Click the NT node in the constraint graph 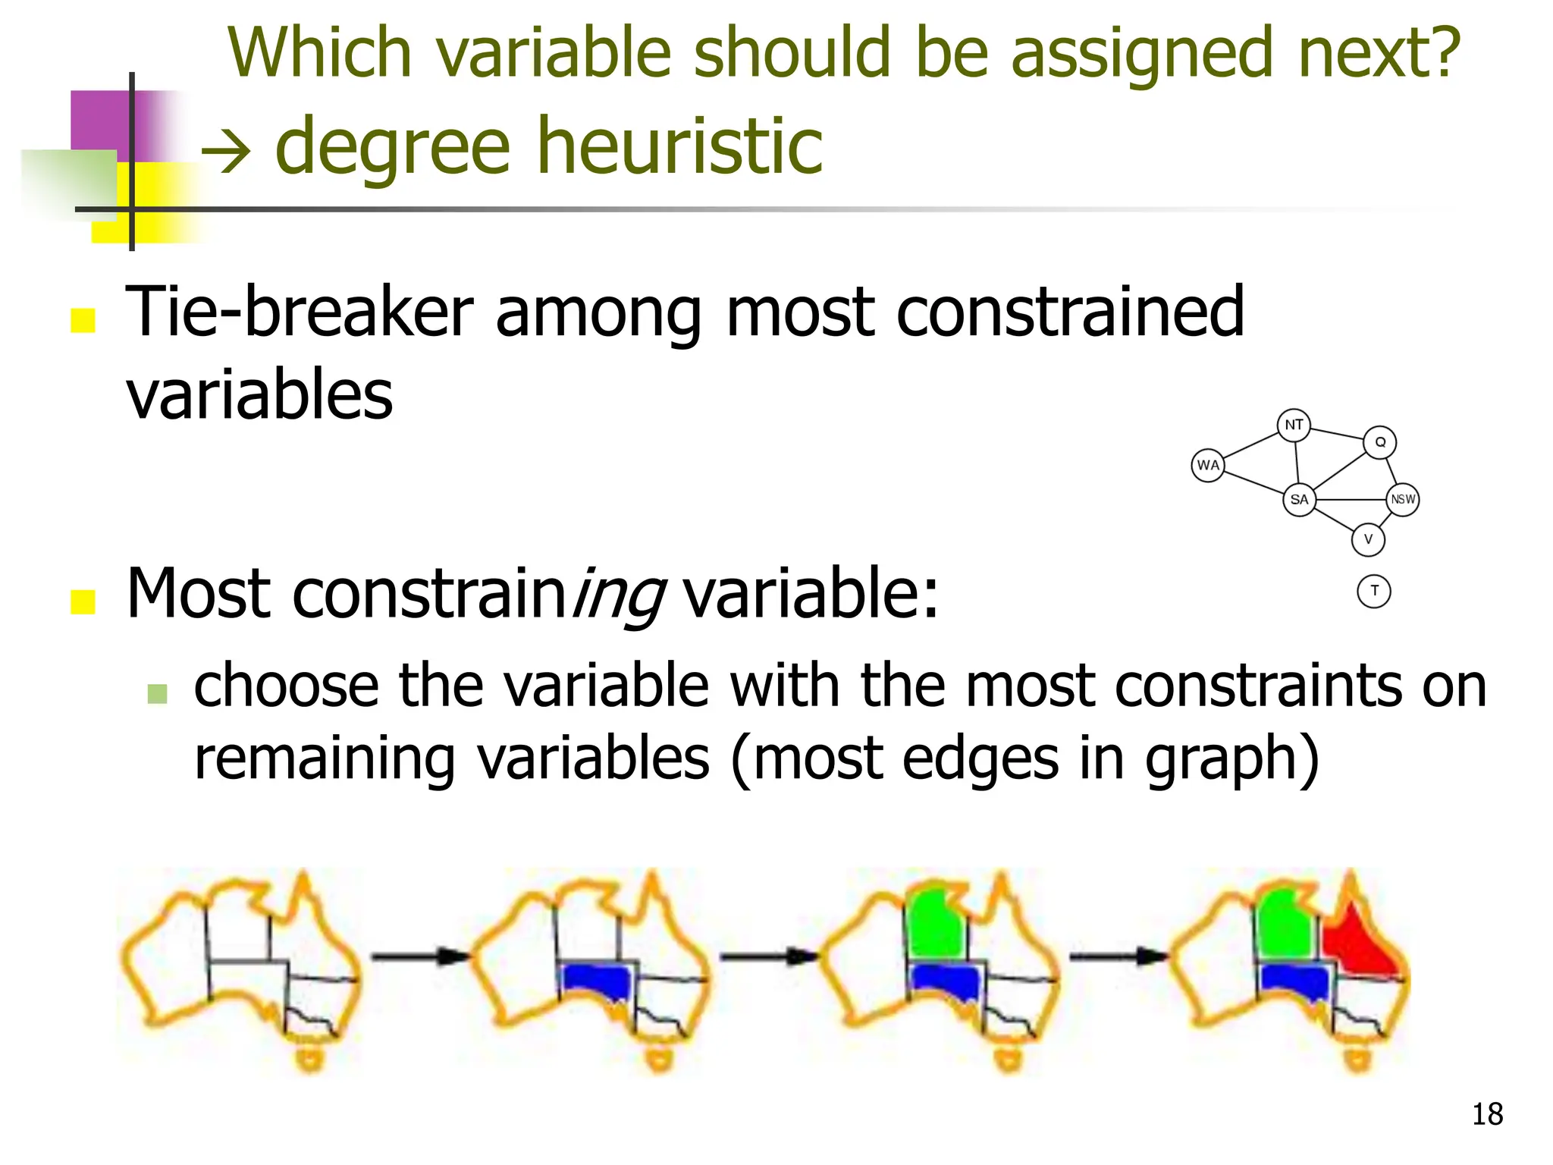(x=1294, y=425)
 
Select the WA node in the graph (x=1208, y=465)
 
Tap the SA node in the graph (x=1299, y=499)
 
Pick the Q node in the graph (x=1380, y=442)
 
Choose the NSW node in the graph (x=1403, y=499)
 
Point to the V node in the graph (x=1368, y=539)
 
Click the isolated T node (x=1374, y=591)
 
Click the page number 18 (x=1487, y=1114)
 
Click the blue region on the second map (x=598, y=981)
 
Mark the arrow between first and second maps (x=421, y=956)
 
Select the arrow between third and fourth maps (x=1119, y=956)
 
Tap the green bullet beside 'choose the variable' (x=158, y=692)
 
